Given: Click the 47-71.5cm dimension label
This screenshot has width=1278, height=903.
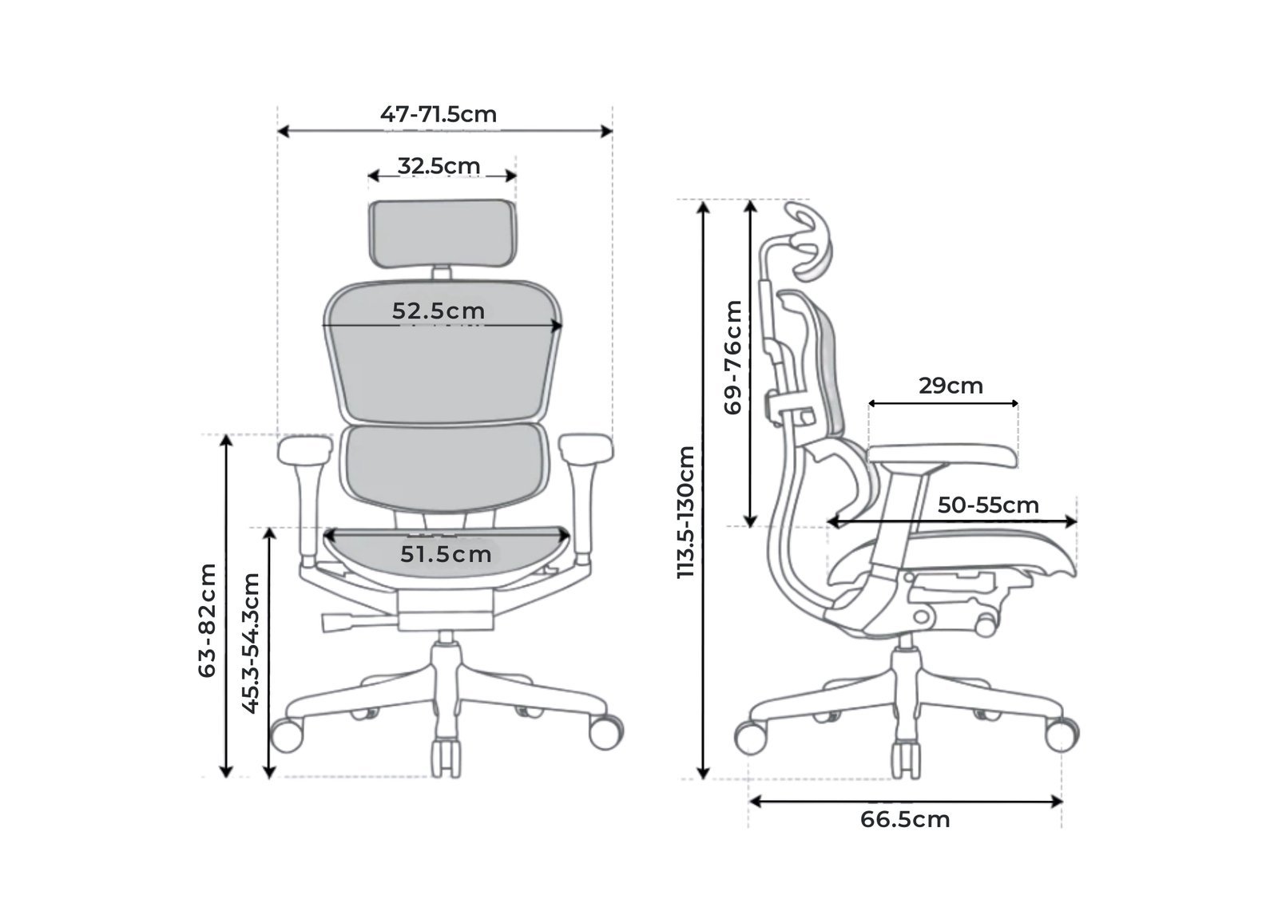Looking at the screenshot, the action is coord(439,115).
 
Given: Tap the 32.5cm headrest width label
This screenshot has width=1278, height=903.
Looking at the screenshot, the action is coord(439,166).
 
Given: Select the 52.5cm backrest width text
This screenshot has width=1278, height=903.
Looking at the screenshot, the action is coord(439,311).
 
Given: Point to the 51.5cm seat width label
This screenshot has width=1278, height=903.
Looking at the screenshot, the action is coord(446,554).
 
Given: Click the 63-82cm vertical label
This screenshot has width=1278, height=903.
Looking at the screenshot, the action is coord(207,620).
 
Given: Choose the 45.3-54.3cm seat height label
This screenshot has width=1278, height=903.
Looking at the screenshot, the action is coord(251,643).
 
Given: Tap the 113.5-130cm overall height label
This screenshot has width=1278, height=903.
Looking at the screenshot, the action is coord(685,513).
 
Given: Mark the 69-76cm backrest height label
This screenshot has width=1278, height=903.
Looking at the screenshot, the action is coord(732,358).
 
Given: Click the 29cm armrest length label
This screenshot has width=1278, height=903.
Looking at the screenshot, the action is coord(951,386).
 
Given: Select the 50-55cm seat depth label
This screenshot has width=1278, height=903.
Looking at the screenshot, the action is coord(988,505).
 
